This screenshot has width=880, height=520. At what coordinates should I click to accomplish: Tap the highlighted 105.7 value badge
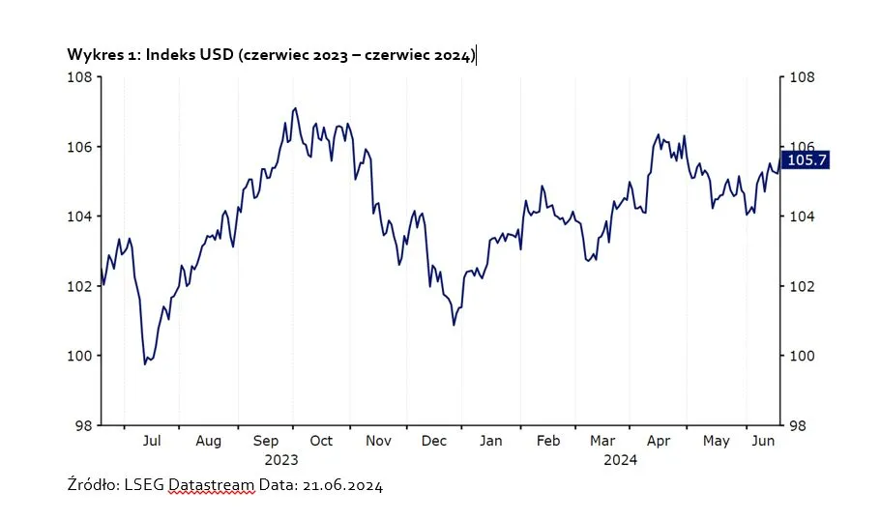808,160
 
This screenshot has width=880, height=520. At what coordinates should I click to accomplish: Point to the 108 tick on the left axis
80,77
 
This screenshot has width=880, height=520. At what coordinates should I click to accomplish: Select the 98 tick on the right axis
799,425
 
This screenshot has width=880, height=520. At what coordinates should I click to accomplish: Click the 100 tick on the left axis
80,356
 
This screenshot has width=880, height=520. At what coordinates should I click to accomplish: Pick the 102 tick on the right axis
799,286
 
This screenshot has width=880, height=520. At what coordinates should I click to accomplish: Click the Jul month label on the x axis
151,441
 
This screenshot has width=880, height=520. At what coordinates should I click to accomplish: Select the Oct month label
321,441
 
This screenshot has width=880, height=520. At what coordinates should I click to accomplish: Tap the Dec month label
434,441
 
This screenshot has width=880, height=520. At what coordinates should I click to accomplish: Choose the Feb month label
548,441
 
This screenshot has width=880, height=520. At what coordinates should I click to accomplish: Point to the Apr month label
659,441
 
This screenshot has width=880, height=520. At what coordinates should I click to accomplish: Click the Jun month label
764,441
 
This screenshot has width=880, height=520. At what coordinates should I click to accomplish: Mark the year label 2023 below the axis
281,460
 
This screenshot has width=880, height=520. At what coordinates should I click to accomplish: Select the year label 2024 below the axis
620,460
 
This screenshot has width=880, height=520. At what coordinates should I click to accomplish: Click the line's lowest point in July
145,363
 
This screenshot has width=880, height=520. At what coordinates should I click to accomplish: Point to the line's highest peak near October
295,108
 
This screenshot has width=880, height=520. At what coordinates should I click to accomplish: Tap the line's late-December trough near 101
454,325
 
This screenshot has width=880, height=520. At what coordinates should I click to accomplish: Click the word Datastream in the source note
211,485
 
